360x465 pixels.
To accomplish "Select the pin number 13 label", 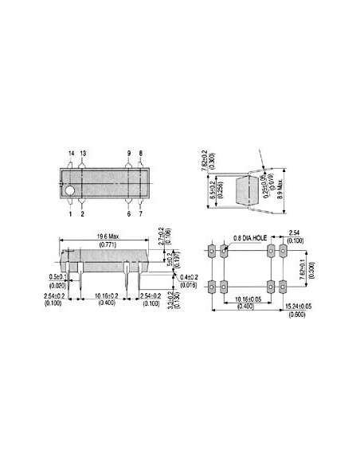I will coord(82,151).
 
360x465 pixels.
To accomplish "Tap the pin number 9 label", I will coord(128,151).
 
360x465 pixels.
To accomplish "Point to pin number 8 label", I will coord(140,151).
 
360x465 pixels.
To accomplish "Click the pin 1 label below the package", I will coord(69,214).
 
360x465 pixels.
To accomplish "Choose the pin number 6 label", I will coord(128,214).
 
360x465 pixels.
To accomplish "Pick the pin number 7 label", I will coord(140,214).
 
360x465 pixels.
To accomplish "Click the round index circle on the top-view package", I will coord(70,191).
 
